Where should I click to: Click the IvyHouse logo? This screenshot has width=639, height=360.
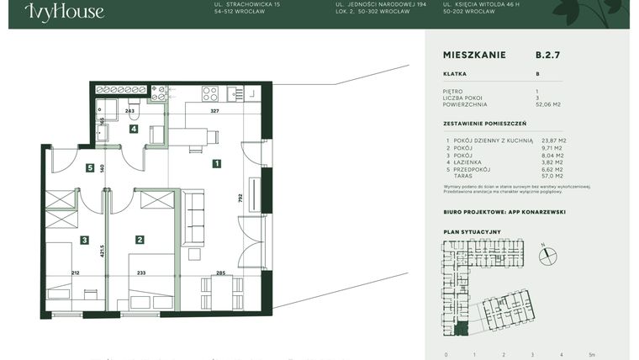(x=65, y=12)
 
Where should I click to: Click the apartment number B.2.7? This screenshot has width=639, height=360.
(x=547, y=55)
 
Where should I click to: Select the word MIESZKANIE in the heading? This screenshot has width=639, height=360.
(x=474, y=55)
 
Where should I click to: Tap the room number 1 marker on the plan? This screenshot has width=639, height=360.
(x=216, y=164)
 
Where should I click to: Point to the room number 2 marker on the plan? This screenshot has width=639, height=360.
(x=140, y=240)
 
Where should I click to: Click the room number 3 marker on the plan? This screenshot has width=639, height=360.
(x=84, y=240)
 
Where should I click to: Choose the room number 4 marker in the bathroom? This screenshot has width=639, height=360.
(x=133, y=129)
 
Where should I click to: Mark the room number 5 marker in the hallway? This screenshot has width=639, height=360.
(x=89, y=168)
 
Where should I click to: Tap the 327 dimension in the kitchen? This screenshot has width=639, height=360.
(x=214, y=110)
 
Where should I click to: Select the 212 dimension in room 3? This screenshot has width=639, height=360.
(x=75, y=273)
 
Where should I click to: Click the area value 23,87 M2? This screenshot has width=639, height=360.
(x=553, y=140)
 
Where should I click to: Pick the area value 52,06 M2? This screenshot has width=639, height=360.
(x=549, y=103)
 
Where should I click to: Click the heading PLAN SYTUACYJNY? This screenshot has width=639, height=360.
(x=472, y=230)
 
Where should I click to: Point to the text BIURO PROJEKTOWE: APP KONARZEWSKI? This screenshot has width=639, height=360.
(x=504, y=212)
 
